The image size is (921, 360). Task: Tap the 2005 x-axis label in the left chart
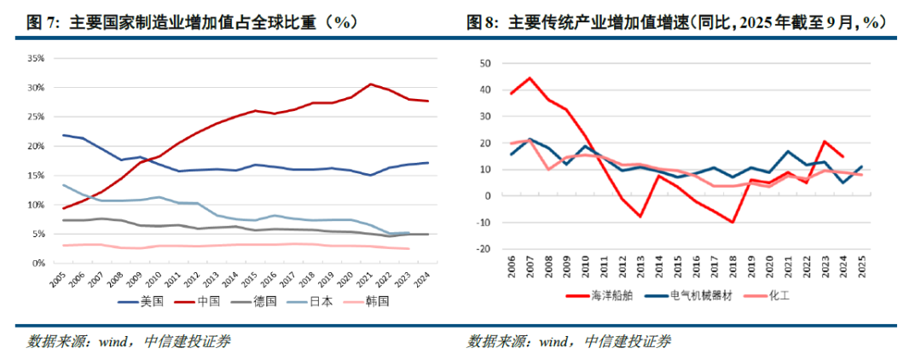[59, 281]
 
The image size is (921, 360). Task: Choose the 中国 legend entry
[194, 301]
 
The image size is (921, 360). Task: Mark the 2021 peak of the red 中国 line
[370, 84]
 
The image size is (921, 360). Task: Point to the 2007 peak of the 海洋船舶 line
[530, 78]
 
